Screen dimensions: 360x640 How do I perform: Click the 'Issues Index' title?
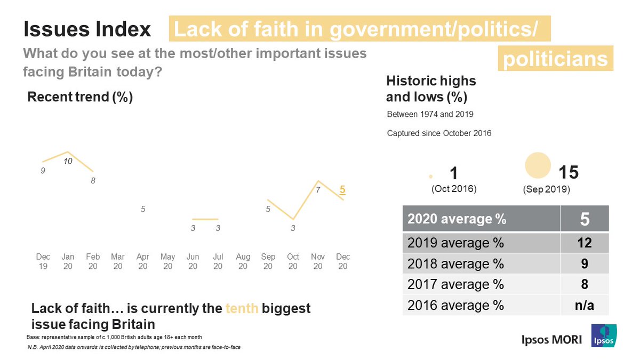tap(87, 30)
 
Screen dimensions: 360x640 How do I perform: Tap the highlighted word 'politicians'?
tap(555, 59)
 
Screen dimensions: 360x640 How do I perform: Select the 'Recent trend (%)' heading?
tap(80, 98)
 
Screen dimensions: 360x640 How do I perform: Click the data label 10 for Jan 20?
tap(68, 161)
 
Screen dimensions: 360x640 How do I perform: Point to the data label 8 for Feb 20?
tap(93, 181)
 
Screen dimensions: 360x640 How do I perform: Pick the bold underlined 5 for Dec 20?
tap(342, 189)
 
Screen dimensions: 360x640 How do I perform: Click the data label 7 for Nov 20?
tap(318, 189)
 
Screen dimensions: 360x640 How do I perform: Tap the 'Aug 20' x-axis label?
tap(243, 261)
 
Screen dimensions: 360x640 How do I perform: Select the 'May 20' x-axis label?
tap(168, 261)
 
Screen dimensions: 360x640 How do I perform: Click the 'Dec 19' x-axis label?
tap(43, 261)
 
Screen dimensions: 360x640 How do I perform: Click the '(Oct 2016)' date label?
tap(454, 189)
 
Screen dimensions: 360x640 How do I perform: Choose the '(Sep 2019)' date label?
tap(546, 189)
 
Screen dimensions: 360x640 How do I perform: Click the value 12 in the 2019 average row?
tap(584, 244)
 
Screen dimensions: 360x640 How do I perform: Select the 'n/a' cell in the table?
tap(584, 305)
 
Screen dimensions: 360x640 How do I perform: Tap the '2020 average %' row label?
tap(457, 219)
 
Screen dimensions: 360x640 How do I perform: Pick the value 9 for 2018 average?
tap(584, 264)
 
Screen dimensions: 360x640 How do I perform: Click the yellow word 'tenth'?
tap(242, 308)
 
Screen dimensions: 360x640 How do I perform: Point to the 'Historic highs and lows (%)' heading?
tap(431, 89)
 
